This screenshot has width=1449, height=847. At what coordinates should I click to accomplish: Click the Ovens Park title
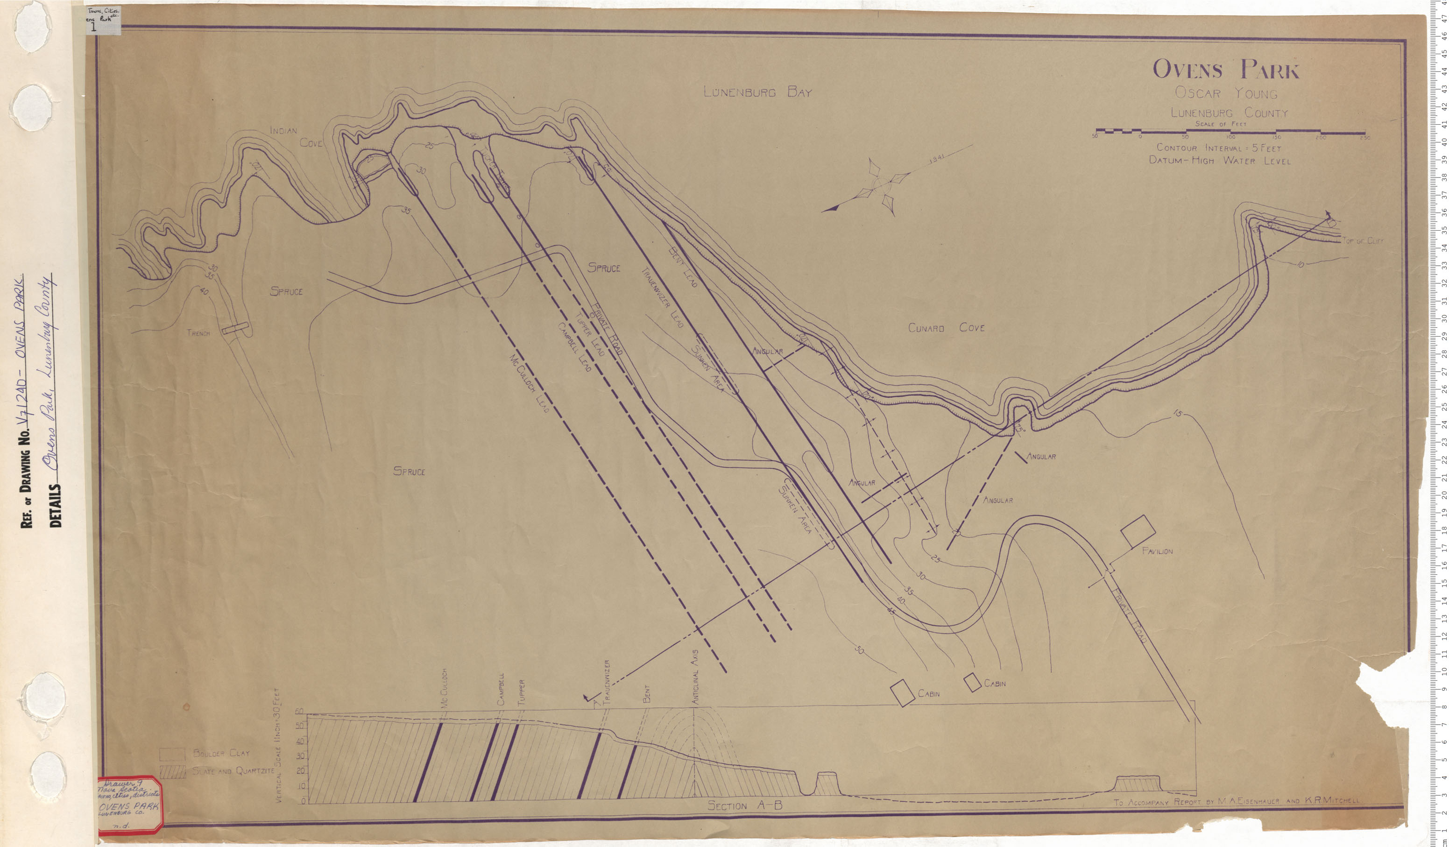[1225, 70]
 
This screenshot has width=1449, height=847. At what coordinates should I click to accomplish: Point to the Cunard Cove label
[946, 328]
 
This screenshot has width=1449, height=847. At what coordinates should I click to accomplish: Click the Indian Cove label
[296, 137]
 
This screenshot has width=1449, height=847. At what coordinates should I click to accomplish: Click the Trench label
[198, 333]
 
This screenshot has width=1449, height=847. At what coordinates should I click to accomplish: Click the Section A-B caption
[745, 805]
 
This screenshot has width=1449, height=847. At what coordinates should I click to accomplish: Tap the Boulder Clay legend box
[172, 754]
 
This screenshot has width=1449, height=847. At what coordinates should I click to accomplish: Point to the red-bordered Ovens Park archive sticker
[129, 804]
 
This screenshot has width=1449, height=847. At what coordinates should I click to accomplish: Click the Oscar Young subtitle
[1225, 93]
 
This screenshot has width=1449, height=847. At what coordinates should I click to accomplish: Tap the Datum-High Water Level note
[1218, 161]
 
